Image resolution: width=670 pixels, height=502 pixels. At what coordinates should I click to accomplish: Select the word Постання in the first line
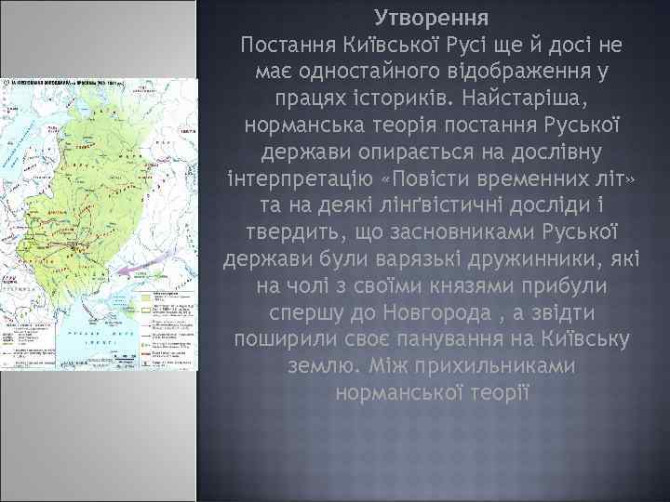click(281, 45)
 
